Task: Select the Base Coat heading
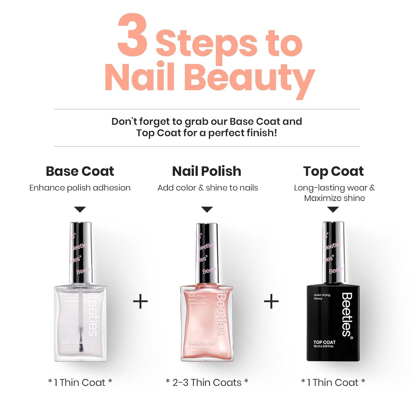click(80, 171)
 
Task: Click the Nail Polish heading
click(207, 171)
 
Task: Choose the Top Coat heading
click(333, 171)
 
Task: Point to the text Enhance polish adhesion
click(80, 188)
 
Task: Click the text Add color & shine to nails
click(208, 188)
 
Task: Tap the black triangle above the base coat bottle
click(80, 209)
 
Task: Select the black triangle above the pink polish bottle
click(207, 209)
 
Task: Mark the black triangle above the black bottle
click(333, 209)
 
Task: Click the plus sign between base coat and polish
click(140, 302)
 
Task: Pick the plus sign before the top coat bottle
click(271, 302)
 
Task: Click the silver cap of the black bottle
click(333, 252)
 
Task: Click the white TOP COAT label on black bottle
click(324, 342)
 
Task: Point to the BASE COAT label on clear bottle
click(73, 343)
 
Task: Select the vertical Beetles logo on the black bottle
click(347, 315)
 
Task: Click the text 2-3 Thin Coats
click(207, 382)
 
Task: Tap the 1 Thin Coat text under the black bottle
click(333, 382)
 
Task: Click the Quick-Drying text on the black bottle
click(322, 295)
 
